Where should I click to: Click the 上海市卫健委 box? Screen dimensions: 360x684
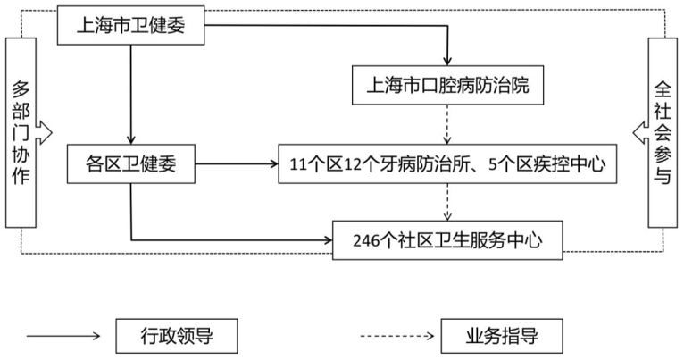click(131, 26)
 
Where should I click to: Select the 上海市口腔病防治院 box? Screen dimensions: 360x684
click(448, 86)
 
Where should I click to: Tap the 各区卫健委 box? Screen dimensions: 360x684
click(131, 163)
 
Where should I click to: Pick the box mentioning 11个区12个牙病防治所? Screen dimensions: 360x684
click(448, 163)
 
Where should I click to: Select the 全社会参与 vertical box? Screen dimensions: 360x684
click(662, 132)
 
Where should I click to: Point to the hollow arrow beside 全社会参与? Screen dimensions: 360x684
click(638, 133)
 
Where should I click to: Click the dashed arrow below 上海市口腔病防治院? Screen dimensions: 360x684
click(448, 124)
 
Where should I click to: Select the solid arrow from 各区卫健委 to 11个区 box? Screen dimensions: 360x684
click(236, 164)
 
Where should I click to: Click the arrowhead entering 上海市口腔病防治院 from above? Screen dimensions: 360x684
click(448, 61)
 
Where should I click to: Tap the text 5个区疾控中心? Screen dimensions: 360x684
click(559, 164)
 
